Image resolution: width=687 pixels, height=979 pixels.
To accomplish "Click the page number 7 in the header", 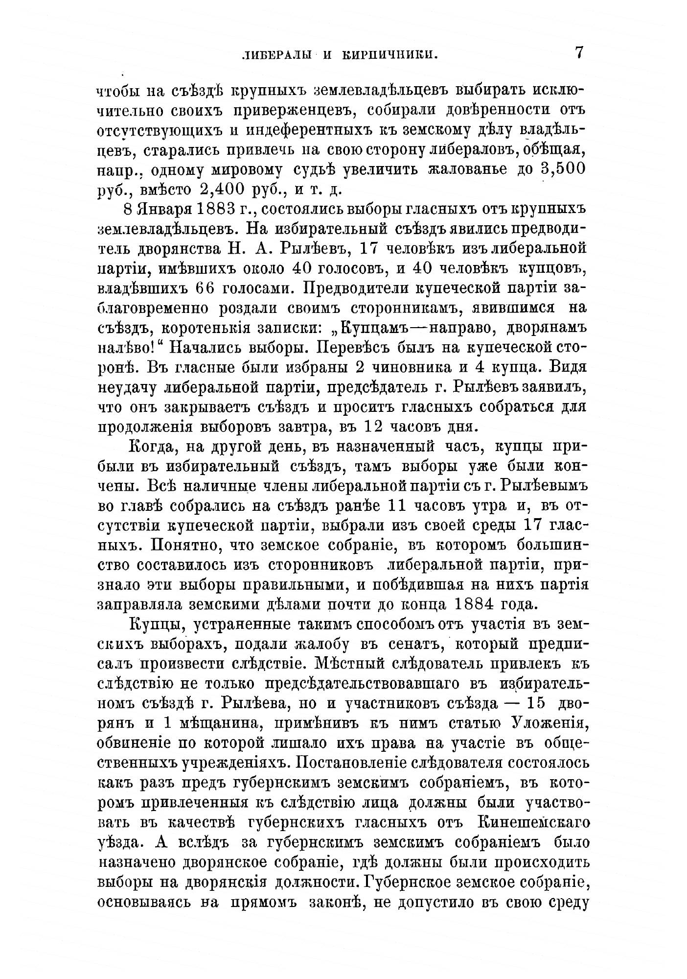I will (579, 53).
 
